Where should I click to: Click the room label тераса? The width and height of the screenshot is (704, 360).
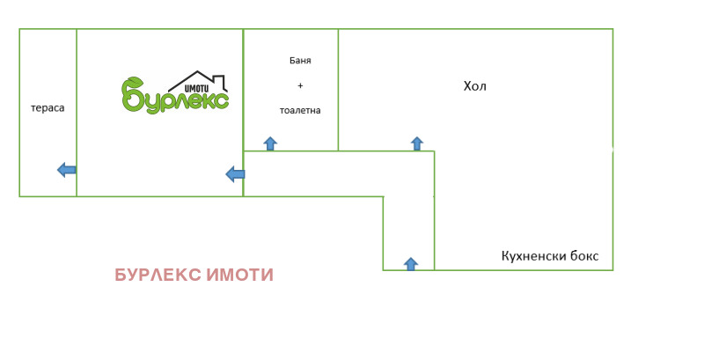(48, 108)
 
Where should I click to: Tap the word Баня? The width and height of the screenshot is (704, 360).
(300, 61)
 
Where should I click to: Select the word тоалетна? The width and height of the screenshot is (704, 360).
(300, 111)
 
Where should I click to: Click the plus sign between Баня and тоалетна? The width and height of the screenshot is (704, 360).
(300, 85)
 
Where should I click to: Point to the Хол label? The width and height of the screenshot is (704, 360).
(475, 86)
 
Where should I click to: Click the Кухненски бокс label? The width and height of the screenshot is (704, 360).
(550, 256)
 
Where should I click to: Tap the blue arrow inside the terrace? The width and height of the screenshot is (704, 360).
(66, 170)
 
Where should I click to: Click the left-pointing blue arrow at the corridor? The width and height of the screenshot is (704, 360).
(235, 174)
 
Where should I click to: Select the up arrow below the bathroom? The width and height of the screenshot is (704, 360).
(270, 143)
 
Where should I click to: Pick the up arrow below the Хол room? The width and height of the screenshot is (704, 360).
(417, 143)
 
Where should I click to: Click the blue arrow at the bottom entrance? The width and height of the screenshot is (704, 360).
(410, 263)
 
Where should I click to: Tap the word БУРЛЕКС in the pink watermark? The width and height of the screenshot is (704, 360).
(158, 276)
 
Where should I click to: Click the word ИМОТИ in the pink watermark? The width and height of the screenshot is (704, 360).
(239, 276)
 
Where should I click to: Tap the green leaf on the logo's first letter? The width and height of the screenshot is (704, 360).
(132, 82)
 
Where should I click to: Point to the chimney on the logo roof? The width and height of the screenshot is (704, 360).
(224, 84)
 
